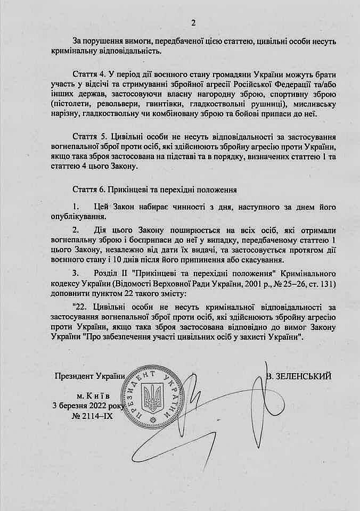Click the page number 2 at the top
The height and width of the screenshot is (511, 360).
point(193,22)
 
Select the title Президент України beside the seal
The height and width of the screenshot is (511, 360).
point(89,376)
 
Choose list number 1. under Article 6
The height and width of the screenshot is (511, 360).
point(77,207)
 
